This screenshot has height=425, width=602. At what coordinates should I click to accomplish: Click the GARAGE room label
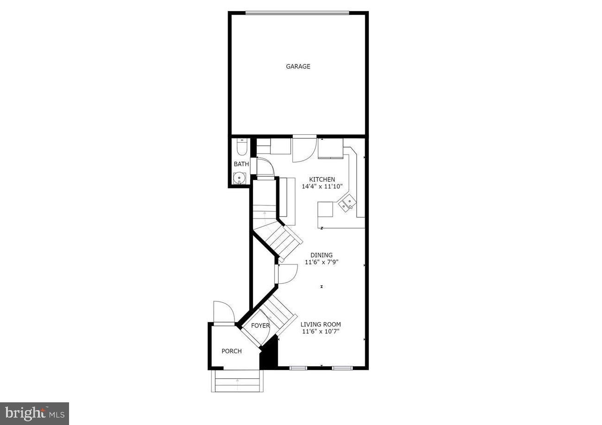(x=298, y=67)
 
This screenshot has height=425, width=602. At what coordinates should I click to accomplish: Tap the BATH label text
(x=241, y=164)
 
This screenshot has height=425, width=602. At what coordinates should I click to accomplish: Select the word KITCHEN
(x=322, y=180)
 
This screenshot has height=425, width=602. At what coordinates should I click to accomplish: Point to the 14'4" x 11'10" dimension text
(x=322, y=187)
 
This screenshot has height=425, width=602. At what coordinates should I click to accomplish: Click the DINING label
(x=321, y=255)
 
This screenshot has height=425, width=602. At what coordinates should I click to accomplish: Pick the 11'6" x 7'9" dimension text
(x=321, y=262)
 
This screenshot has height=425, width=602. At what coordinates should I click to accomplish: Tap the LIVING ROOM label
(x=321, y=325)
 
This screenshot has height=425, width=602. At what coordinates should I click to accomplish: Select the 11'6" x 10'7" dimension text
(x=321, y=331)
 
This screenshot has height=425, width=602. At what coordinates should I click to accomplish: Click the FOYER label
(x=260, y=326)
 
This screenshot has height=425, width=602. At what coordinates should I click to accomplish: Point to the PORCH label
(x=232, y=351)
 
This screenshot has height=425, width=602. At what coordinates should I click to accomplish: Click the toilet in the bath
(x=241, y=147)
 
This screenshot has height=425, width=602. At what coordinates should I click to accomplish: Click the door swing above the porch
(x=223, y=312)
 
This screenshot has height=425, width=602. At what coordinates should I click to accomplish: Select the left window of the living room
(x=298, y=368)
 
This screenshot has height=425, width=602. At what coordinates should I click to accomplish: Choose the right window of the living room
(x=342, y=368)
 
